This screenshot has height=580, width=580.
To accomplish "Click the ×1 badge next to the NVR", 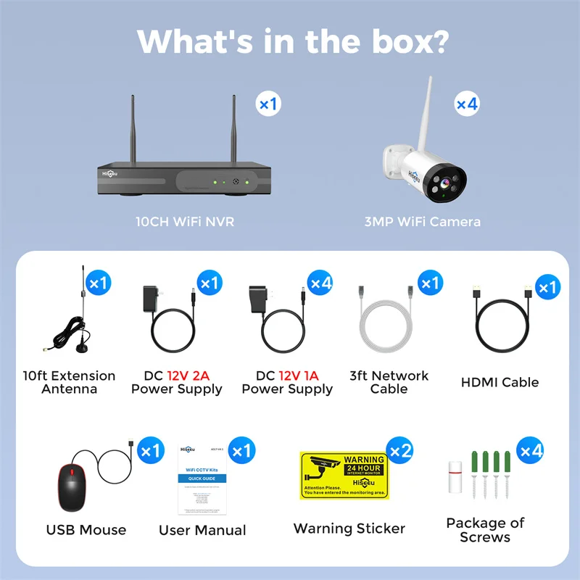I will coord(268,104).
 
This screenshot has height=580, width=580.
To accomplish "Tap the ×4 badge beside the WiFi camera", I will coord(467,104).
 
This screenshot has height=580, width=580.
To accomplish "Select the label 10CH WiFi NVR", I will coord(185,221).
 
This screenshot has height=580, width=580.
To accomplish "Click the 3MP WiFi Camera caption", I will coord(422,221).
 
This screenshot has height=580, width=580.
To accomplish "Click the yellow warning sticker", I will coord(344,476).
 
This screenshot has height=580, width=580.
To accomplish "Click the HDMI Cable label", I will coord(500,382).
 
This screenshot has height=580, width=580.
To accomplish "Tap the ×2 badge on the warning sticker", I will coord(400,451).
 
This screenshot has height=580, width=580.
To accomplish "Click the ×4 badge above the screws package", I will coord(531,451).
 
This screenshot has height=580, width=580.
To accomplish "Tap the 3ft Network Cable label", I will coord(389,382).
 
